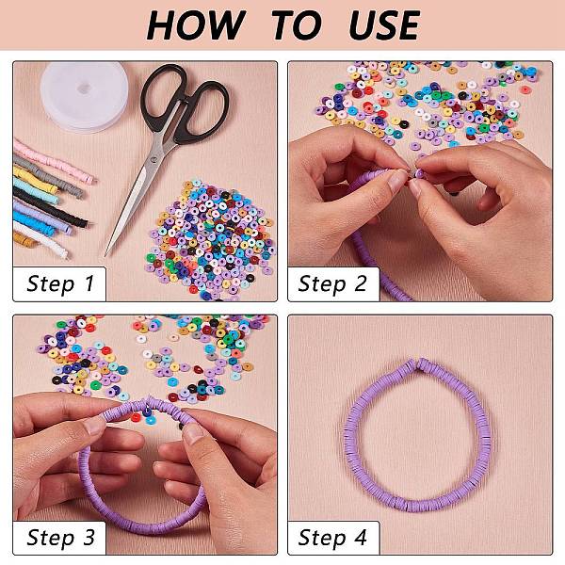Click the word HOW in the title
pos(196,24)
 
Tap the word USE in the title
pos(384,24)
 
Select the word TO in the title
pos(297,24)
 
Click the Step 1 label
pos(60,283)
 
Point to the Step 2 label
pos(332,283)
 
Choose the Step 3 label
pos(60,538)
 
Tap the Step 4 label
pos(332,538)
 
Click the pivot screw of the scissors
pos(155,159)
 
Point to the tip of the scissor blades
pos(105,255)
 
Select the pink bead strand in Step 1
pos(55,161)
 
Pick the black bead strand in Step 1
pos(51,208)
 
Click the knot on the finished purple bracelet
pos(417,365)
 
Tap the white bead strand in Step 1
pos(40,238)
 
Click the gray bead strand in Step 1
pos(49,176)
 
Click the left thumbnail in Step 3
pos(93,426)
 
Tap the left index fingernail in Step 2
pos(397,180)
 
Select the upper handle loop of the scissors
pos(164,93)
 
